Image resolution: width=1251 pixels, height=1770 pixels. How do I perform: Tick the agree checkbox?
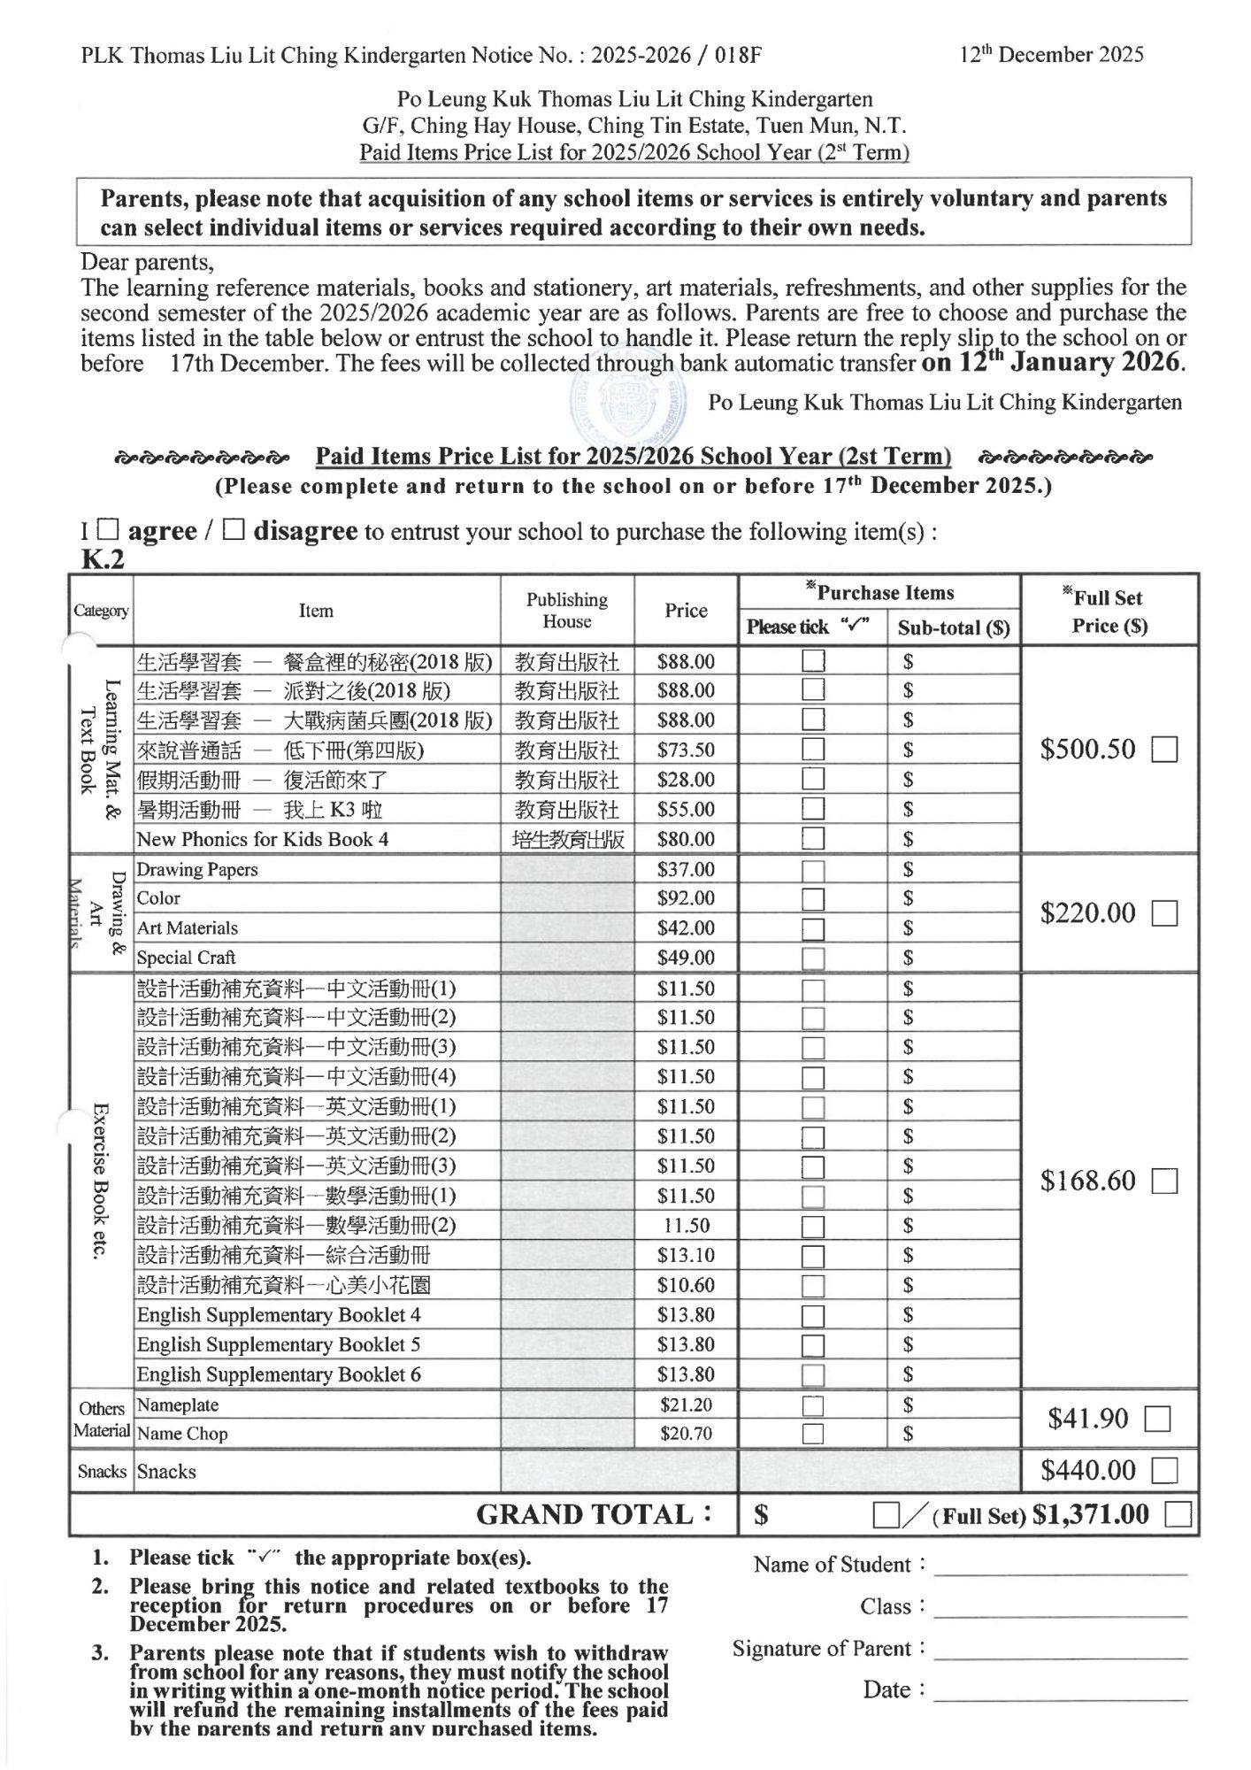pos(107,530)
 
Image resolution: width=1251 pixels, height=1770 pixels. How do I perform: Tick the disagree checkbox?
pos(234,530)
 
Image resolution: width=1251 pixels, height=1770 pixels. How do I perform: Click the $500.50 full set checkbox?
pos(1165,750)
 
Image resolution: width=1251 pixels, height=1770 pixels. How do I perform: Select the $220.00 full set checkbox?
pos(1165,913)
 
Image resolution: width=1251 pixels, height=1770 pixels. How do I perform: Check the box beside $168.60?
pos(1165,1181)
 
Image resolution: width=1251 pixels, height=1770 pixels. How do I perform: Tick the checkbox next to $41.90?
pos(1158,1420)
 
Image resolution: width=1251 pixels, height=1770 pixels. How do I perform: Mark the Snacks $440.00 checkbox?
pos(1165,1471)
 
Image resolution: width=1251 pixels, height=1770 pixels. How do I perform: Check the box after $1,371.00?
pos(1178,1514)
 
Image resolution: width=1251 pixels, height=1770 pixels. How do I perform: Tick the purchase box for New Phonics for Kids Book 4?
pos(813,838)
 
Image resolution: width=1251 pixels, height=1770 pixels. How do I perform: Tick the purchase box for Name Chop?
pos(813,1434)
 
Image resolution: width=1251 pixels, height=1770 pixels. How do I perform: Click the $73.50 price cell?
pos(686,750)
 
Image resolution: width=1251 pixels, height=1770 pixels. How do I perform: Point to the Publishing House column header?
pos(567,611)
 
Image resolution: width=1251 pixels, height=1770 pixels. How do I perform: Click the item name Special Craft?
pos(187,958)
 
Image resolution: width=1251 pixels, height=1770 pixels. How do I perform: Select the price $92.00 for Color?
pos(686,898)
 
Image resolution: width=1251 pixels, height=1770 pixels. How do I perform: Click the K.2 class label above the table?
pos(103,560)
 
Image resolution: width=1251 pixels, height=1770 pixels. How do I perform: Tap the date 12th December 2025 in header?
pos(1052,55)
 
